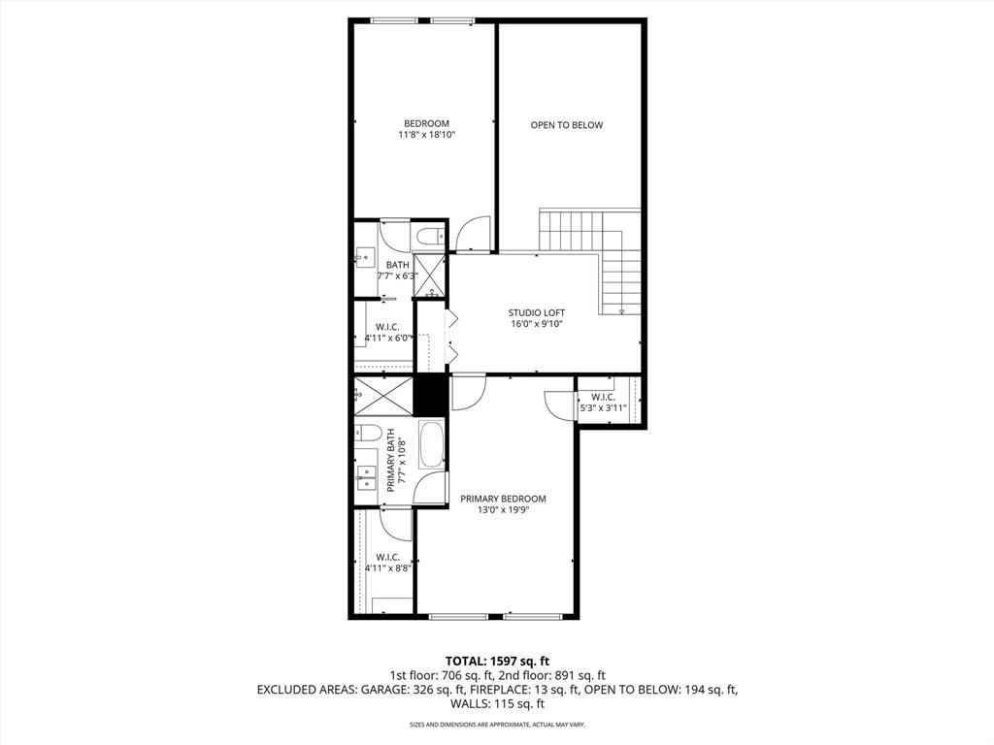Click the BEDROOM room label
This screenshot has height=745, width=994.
(426, 123)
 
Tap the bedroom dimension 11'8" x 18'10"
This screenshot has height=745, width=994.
(426, 136)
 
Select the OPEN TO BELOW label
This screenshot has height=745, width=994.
(566, 125)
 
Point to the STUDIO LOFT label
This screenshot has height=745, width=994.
(536, 312)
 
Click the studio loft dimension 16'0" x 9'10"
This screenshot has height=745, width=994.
(536, 324)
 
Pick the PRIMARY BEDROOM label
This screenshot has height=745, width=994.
(503, 499)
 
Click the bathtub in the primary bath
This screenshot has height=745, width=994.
(431, 444)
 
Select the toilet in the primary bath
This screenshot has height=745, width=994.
(367, 432)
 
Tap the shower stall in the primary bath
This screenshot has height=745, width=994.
(383, 395)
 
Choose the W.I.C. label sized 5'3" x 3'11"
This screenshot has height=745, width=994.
(602, 397)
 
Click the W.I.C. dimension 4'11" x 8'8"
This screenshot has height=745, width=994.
(387, 568)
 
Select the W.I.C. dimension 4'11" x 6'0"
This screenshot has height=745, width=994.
(388, 339)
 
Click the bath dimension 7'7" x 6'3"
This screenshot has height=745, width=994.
(397, 276)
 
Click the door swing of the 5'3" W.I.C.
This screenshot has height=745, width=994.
(560, 405)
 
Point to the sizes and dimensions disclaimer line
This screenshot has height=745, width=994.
(497, 725)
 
